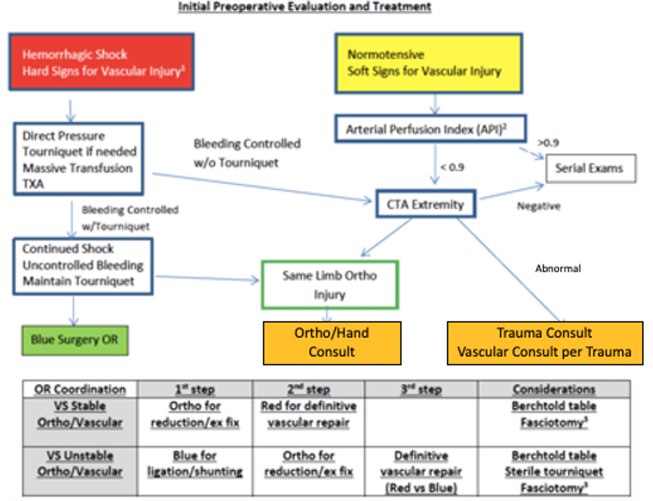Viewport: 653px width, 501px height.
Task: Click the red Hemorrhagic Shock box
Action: [x=102, y=62]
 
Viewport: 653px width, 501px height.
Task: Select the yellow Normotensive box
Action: [x=428, y=63]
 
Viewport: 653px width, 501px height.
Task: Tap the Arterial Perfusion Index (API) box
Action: [x=430, y=129]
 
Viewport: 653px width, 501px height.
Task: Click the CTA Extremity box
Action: [x=425, y=204]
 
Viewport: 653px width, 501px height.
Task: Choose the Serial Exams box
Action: [x=590, y=168]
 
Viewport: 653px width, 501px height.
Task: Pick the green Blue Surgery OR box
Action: [x=75, y=340]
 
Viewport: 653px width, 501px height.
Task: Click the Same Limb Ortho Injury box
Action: [x=329, y=285]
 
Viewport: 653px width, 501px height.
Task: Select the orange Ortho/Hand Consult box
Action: [x=332, y=343]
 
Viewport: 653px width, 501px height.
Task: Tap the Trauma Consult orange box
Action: [x=545, y=343]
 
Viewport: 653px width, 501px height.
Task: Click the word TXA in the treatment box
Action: [x=33, y=184]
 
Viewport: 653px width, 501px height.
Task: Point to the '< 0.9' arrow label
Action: [x=452, y=167]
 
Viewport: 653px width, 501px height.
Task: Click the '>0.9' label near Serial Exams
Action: [x=548, y=143]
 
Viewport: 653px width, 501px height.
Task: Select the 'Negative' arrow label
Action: [x=539, y=206]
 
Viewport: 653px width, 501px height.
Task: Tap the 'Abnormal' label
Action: [x=558, y=268]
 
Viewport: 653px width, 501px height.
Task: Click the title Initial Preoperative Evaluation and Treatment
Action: [x=305, y=6]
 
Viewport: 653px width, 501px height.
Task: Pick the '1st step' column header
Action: [x=195, y=389]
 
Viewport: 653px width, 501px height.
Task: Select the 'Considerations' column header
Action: [x=554, y=389]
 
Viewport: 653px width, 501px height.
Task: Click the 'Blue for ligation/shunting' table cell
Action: [x=195, y=464]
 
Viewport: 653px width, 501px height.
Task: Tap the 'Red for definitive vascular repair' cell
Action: [x=309, y=414]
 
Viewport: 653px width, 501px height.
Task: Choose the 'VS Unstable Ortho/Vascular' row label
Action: [x=80, y=464]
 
